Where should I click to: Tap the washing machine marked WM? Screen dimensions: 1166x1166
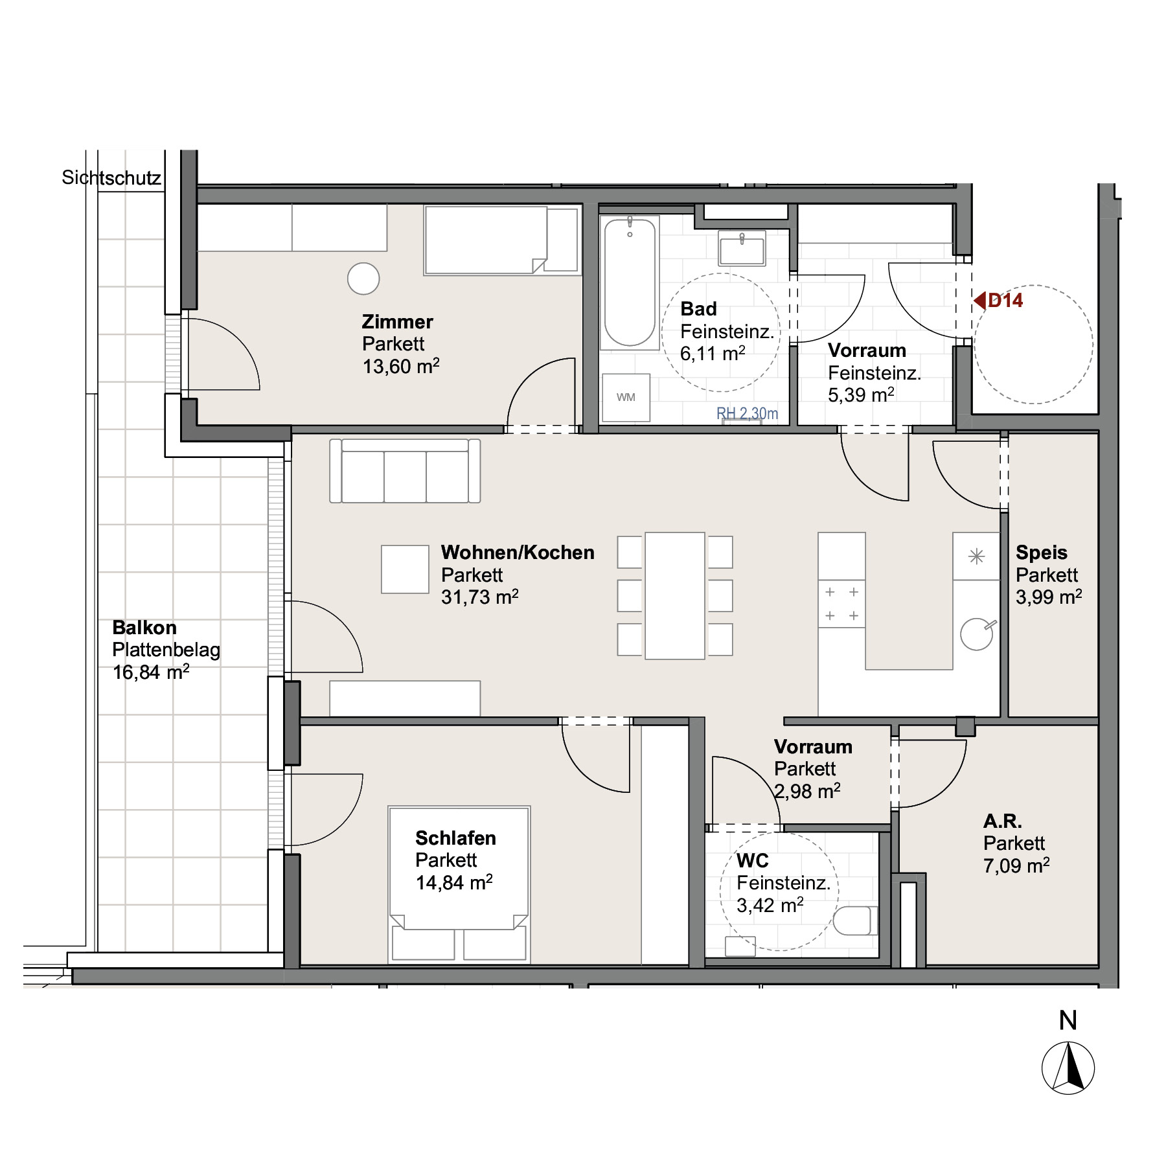[626, 398]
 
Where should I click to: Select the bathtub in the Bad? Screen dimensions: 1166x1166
[630, 282]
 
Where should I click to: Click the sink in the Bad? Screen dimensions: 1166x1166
[742, 249]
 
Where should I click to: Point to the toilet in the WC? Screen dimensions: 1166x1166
[855, 920]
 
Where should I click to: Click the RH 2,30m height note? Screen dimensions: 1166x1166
[748, 413]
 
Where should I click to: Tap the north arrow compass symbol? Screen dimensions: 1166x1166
[1068, 1068]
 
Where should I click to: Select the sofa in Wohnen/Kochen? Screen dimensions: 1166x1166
[405, 471]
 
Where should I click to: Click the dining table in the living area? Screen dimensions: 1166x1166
[675, 596]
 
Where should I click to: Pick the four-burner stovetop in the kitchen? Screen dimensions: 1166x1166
[841, 604]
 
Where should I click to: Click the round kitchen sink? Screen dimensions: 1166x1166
[977, 634]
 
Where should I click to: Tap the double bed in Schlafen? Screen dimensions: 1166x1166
[459, 884]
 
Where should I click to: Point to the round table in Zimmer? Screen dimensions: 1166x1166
[363, 279]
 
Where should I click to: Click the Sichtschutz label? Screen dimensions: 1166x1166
[111, 177]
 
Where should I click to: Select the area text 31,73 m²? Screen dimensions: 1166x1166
[480, 597]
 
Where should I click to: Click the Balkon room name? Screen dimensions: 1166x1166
[144, 628]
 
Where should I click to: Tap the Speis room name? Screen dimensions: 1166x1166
[1042, 553]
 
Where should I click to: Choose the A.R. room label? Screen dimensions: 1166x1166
[1003, 821]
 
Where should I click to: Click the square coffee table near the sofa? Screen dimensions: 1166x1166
[405, 569]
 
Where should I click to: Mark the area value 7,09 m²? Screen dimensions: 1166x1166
[1016, 865]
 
